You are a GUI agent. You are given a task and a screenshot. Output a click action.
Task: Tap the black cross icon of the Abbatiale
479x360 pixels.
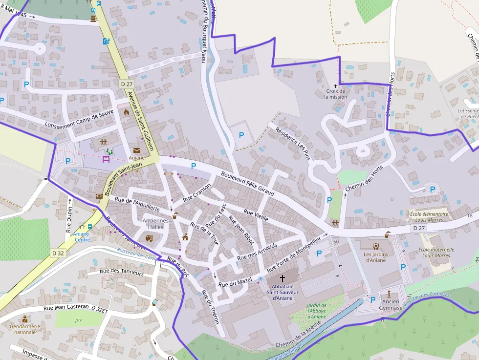coord(282,278)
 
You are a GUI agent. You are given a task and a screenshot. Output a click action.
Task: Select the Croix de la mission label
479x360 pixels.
coord(335,94)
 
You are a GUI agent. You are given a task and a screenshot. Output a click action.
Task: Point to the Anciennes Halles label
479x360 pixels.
coord(155,223)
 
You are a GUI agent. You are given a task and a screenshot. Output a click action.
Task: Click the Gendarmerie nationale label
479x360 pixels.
coord(25,329)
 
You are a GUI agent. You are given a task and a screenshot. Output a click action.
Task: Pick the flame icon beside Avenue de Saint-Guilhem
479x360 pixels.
coord(127,112)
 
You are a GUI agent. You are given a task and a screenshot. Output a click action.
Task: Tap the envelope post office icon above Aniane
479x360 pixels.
coord(136,150)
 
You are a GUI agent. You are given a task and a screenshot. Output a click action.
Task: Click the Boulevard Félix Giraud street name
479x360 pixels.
coord(247,184)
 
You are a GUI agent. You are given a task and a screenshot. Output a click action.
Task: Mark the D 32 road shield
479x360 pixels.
coord(58,253)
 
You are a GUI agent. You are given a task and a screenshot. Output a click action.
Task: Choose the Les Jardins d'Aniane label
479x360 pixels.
coord(375,257)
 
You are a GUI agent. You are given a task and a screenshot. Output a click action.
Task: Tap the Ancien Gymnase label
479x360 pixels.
coord(391,305)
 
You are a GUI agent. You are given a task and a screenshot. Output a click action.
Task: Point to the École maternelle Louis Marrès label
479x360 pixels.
coord(436,253)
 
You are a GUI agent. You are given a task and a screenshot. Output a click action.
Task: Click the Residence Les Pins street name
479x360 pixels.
coord(293,144)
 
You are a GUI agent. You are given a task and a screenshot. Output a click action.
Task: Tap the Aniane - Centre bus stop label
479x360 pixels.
coord(81,236)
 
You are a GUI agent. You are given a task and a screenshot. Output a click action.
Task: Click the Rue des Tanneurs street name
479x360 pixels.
coord(122,273)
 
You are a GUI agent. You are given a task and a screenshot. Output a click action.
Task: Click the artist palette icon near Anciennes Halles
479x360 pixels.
coord(149,237)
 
